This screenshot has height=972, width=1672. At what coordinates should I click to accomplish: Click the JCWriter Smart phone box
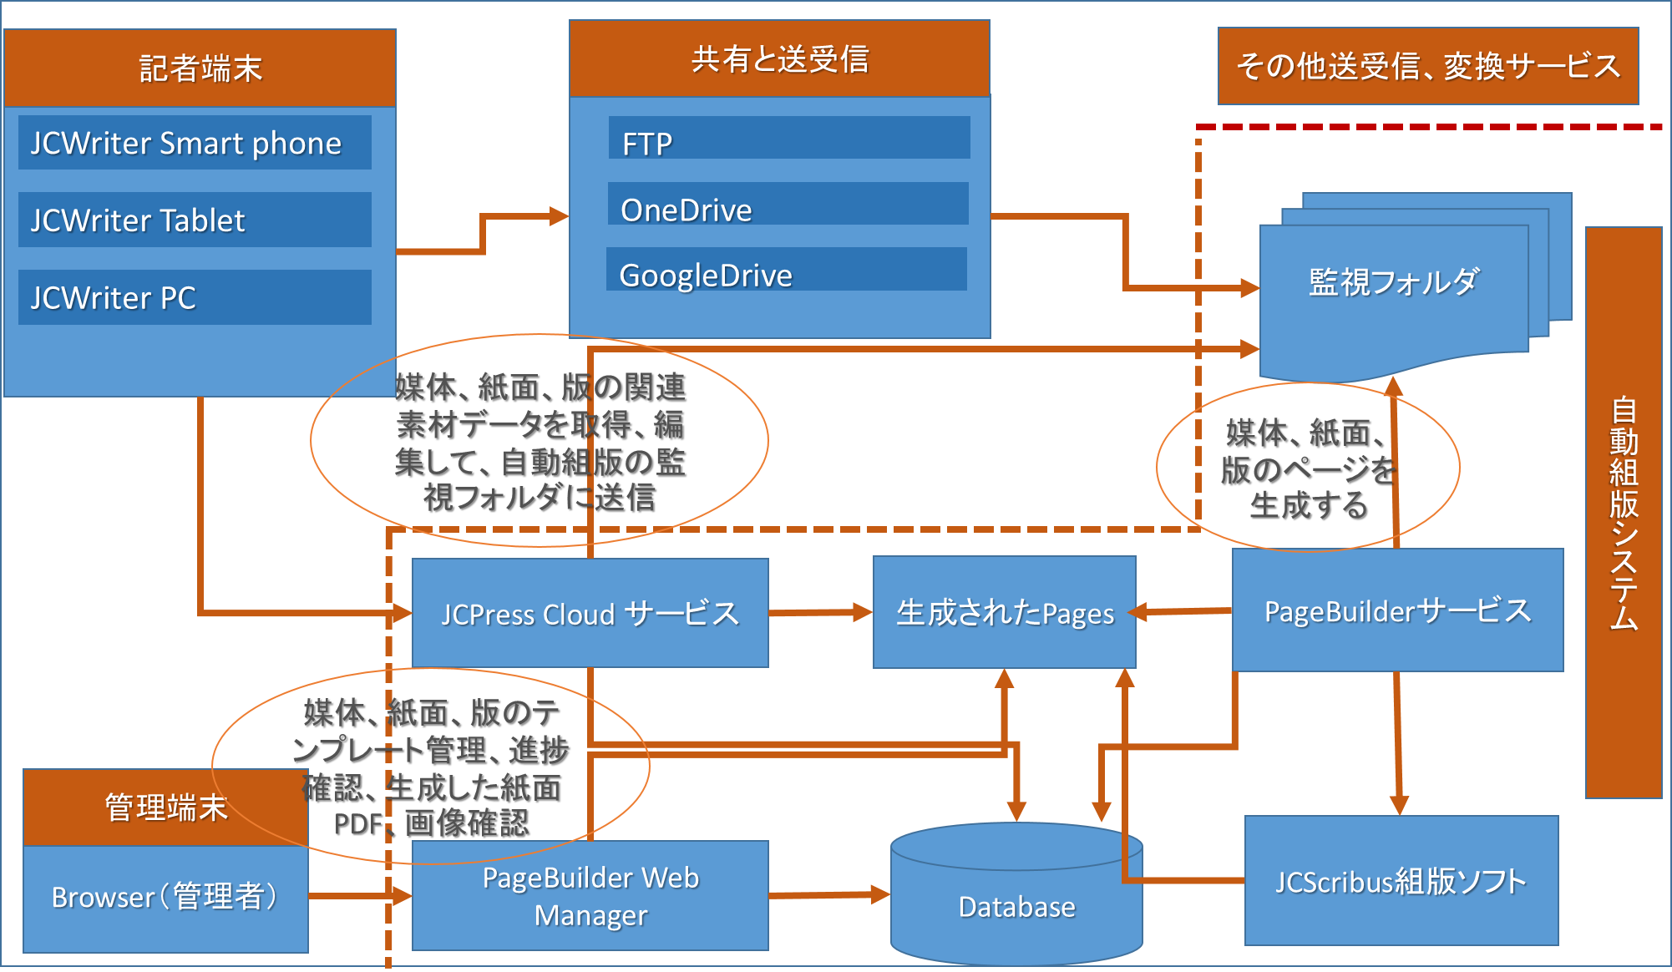pos(195,143)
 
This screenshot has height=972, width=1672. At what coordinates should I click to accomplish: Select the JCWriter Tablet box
pos(195,220)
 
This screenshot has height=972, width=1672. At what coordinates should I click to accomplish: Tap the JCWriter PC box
pos(195,297)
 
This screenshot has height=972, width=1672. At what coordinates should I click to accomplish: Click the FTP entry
pos(789,138)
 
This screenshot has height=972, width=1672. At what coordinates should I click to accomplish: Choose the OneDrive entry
pos(788,204)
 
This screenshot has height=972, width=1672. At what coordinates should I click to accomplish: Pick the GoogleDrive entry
pos(787,269)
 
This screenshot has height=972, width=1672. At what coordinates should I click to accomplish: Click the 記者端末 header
pos(200,68)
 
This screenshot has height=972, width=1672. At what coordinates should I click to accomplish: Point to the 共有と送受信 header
pos(780,59)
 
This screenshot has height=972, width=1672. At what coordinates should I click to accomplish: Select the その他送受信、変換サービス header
pos(1428,66)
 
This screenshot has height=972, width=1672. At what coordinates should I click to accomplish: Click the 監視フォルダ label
pos(1394,282)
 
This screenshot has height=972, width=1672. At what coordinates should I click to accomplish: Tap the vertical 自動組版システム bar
pos(1624,513)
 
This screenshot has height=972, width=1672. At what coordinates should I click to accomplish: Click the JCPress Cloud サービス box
pos(590,613)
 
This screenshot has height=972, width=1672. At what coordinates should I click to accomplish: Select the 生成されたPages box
pos(1005,613)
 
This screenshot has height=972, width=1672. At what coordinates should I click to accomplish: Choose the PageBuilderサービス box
pos(1398,610)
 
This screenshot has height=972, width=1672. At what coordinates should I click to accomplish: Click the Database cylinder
pos(1016,894)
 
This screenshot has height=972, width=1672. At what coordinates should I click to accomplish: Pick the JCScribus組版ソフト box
pos(1401,881)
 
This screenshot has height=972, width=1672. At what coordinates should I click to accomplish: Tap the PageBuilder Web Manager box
pos(590,896)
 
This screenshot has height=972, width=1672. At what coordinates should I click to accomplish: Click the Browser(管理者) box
pos(165,899)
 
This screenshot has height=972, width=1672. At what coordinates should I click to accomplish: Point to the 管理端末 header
pos(165,807)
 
